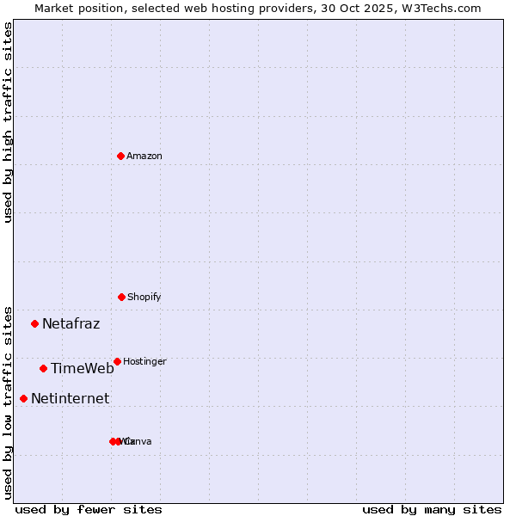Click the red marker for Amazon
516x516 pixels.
[120, 156]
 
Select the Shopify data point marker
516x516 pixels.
[121, 297]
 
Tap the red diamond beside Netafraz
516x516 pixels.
[35, 324]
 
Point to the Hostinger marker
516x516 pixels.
[117, 361]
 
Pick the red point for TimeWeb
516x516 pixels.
[43, 369]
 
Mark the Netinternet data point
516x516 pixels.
[23, 398]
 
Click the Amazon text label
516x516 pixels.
[144, 156]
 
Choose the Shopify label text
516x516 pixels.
[144, 297]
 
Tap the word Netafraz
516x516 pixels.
[71, 324]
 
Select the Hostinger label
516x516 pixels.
[144, 361]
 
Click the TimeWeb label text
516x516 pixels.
[82, 369]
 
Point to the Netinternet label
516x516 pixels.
[70, 398]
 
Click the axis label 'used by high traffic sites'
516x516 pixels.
[9, 122]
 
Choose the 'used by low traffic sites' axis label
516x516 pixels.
[9, 402]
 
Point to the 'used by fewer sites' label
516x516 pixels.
[89, 509]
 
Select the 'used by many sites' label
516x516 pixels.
[432, 509]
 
